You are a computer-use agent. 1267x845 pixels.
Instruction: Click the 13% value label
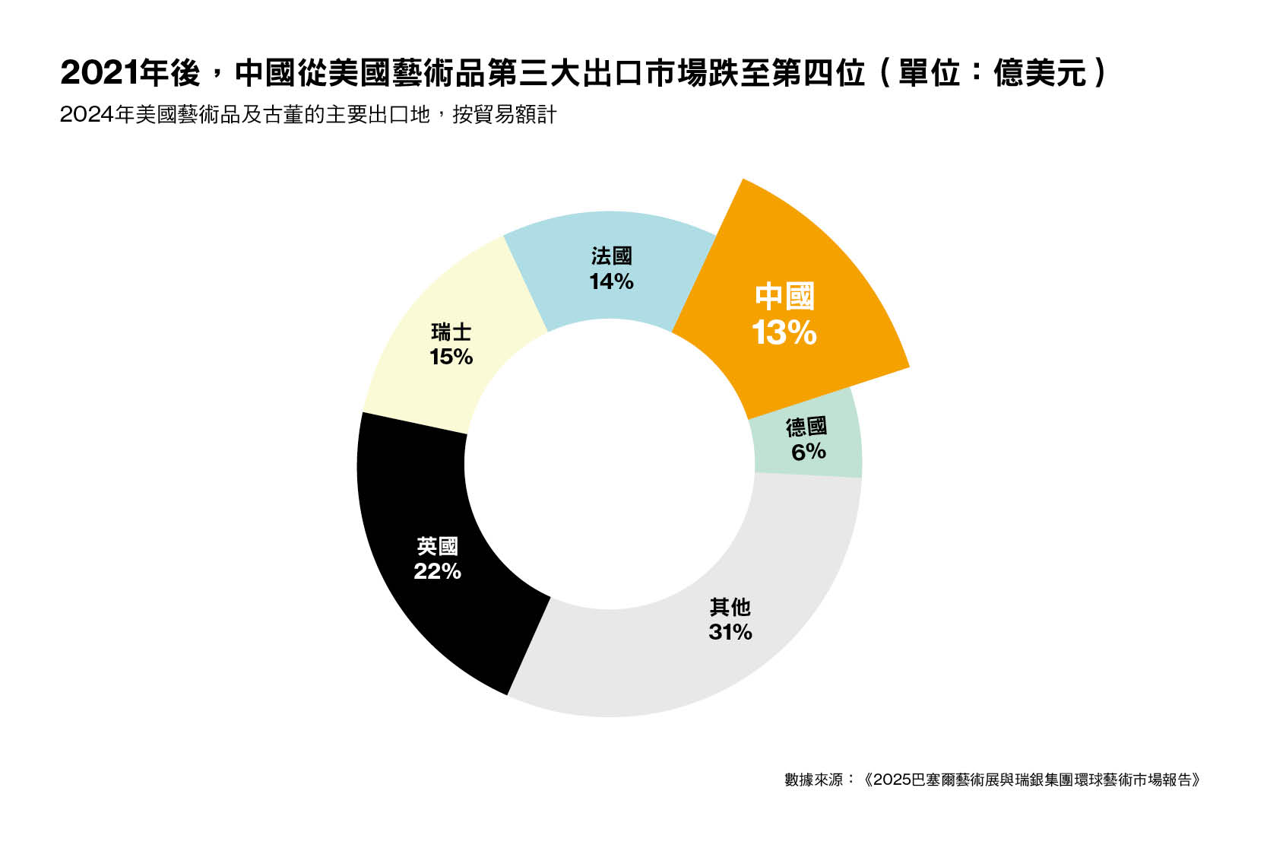point(784,333)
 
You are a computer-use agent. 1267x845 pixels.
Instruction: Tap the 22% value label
point(437,571)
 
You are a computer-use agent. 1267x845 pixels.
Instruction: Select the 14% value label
point(611,281)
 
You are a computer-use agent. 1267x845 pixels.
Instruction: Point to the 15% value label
point(451,357)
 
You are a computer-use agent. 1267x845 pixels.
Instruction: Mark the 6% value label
point(808,452)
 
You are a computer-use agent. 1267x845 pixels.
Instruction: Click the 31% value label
point(730,632)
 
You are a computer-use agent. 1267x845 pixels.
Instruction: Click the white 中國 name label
point(784,297)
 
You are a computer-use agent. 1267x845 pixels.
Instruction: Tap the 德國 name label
point(806,427)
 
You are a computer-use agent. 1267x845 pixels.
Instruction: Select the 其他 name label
point(730,607)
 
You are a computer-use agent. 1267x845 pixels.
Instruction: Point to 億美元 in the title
point(1039,73)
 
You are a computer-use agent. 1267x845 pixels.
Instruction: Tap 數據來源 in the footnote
point(813,780)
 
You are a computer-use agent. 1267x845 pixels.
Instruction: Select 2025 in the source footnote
point(892,780)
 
